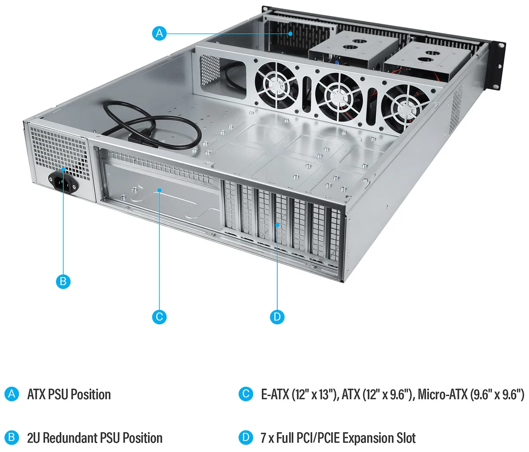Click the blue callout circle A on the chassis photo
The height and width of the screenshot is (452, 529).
click(159, 33)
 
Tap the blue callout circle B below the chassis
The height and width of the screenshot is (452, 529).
click(63, 282)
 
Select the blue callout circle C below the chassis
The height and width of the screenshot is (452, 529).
click(159, 317)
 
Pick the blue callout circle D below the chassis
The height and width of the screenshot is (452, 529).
click(277, 317)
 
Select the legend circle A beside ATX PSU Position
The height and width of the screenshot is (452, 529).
click(11, 394)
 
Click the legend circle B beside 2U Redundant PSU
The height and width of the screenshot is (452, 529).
click(11, 437)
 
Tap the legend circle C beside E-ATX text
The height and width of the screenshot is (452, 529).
click(246, 394)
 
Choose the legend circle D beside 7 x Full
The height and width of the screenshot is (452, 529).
click(246, 437)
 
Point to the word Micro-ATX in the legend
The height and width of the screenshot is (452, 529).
click(443, 394)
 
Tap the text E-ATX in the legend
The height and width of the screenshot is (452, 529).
click(275, 394)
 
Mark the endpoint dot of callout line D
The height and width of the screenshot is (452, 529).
click(277, 225)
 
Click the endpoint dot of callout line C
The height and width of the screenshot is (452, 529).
click(159, 190)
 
